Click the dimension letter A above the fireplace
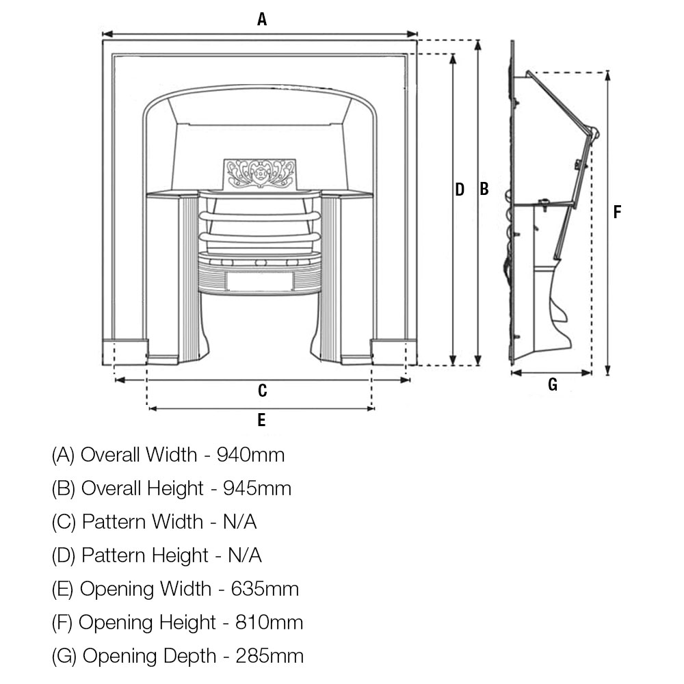click(x=262, y=19)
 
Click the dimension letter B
click(x=484, y=189)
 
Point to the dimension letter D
click(x=460, y=189)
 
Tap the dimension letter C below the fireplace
click(x=262, y=391)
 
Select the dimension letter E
click(x=261, y=420)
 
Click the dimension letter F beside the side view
click(x=617, y=212)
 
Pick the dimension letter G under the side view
click(x=552, y=384)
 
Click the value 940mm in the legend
click(x=251, y=455)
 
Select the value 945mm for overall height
click(x=257, y=488)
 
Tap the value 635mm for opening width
click(x=265, y=589)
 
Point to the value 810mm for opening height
click(x=269, y=622)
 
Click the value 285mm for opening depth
click(x=269, y=656)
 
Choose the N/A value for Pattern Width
click(x=239, y=522)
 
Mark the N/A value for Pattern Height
click(x=245, y=555)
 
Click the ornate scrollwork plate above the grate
click(x=260, y=174)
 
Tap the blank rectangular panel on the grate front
click(x=259, y=281)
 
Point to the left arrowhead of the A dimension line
click(x=108, y=34)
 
